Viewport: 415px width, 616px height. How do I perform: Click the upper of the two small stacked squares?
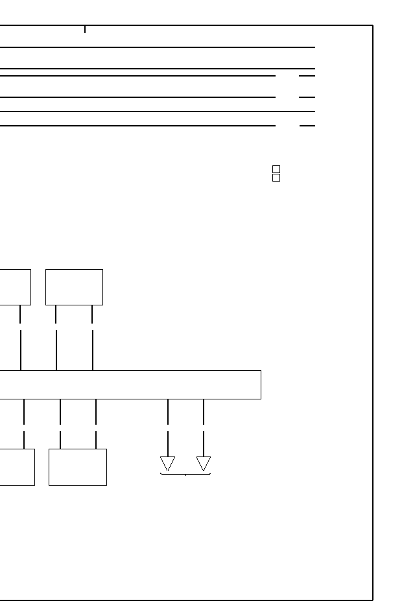coord(276,169)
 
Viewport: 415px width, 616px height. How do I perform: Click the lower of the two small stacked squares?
coord(276,178)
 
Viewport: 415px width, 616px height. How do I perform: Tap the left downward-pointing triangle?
coord(168,464)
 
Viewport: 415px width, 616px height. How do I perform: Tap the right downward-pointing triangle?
coord(204,464)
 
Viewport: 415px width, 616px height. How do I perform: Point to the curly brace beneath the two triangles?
coord(185,475)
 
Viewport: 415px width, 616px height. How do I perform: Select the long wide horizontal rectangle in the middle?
coord(130,385)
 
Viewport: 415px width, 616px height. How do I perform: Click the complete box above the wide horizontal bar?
coord(74,287)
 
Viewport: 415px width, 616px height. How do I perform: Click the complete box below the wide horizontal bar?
coord(78,467)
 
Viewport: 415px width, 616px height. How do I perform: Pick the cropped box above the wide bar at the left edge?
coord(14,287)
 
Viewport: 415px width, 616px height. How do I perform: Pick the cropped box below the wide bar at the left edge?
coord(17,467)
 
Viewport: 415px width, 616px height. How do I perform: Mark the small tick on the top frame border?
coord(85,29)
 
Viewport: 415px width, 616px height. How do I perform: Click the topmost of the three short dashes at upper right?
coord(307,76)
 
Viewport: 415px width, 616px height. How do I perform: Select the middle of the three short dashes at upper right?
coord(307,97)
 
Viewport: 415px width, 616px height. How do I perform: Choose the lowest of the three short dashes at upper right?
coord(307,125)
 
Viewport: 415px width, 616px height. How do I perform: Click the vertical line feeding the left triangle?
coord(168,428)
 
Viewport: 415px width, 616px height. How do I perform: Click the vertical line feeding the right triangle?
coord(204,428)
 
